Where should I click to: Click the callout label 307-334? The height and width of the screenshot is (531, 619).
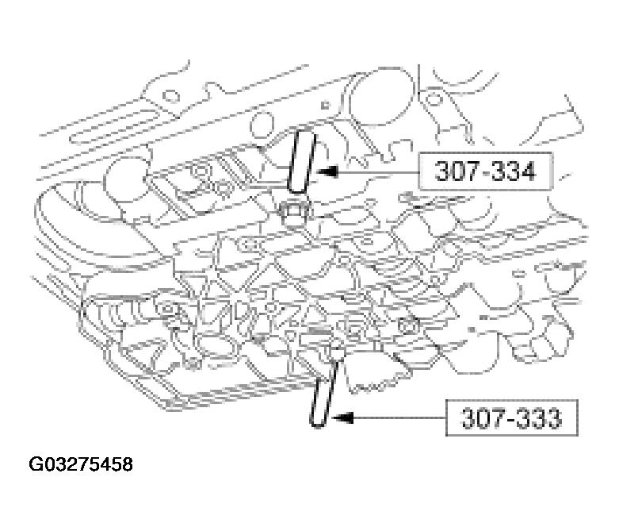485,171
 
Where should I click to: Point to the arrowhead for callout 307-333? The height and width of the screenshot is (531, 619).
337,416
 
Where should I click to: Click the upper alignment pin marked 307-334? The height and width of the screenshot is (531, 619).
300,160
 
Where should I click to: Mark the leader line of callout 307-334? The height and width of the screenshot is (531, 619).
373,170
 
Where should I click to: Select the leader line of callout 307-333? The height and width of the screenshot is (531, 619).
396,416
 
